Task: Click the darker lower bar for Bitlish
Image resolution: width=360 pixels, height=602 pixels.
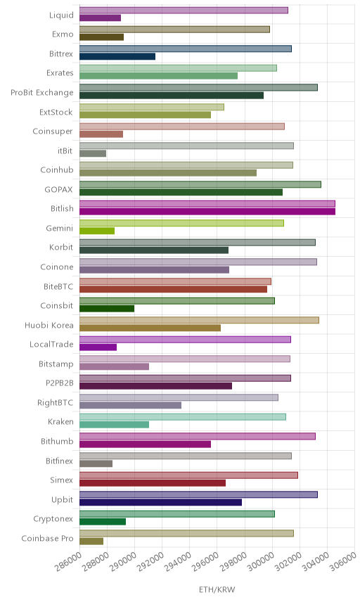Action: pos(207,212)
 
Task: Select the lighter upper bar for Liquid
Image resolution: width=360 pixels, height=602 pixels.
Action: pos(184,11)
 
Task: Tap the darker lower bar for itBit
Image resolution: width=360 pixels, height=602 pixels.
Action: pos(93,153)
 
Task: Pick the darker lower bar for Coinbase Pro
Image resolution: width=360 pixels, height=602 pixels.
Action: pos(91,542)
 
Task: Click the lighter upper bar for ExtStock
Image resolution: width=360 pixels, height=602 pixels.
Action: pos(152,107)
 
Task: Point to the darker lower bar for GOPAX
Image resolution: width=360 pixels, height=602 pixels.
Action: pos(181,193)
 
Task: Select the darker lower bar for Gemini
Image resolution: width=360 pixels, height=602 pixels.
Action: pos(97,231)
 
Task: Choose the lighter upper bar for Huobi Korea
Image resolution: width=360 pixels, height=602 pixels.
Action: pos(199,320)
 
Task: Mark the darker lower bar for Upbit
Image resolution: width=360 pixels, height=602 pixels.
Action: pos(161,502)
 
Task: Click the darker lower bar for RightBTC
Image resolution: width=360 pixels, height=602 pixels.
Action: pos(131,405)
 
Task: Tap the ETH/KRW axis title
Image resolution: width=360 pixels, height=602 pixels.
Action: pos(217,590)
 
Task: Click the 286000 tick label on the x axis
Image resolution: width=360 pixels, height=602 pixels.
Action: pos(68,562)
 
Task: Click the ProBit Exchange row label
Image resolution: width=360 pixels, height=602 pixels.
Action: pos(41,93)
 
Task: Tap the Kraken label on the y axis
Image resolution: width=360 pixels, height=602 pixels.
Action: pos(60,421)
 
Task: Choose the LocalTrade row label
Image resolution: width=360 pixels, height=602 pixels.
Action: pos(51,344)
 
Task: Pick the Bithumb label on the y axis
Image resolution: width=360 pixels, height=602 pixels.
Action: pos(57,441)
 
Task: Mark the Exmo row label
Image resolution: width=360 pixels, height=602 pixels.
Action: pos(63,34)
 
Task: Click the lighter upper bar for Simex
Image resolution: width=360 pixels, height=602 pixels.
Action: pos(189,475)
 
